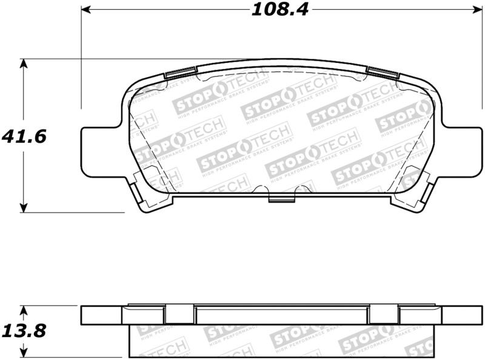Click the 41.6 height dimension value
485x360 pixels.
tap(24, 136)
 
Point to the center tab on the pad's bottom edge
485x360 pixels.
tap(281, 199)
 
